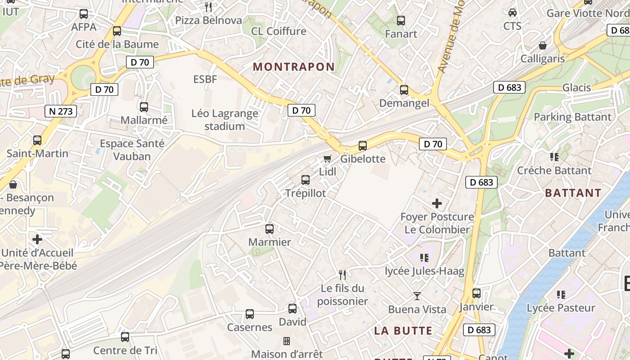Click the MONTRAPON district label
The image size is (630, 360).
point(294,67)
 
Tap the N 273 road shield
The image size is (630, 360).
point(61,111)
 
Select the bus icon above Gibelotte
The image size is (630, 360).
point(363,146)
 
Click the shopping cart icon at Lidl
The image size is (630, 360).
point(327,158)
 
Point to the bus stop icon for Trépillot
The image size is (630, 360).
point(306,180)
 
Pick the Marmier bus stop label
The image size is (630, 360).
point(270,242)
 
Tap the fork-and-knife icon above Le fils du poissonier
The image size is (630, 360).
point(342,274)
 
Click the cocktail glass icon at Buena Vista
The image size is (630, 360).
point(417,296)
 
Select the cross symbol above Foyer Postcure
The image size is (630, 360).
point(437,203)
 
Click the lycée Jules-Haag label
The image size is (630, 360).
point(424,271)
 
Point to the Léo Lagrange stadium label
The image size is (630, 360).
point(225,120)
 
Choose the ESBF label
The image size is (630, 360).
point(205,80)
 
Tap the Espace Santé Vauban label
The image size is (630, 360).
point(132,150)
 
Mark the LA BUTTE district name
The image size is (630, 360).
point(403,331)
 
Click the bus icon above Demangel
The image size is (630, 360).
point(404,90)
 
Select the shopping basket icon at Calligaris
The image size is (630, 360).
point(543,46)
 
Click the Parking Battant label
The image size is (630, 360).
point(572,117)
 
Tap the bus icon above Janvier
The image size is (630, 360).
point(477,293)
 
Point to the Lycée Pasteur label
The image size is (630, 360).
point(561,308)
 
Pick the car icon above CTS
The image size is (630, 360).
point(512,13)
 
